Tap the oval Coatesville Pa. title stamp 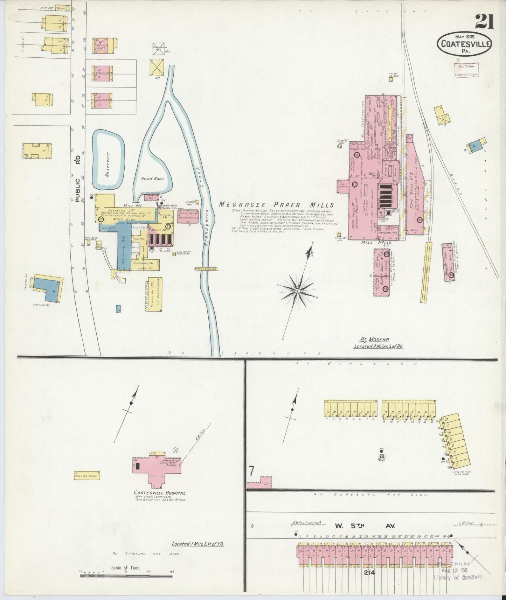[464, 44]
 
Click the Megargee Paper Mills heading [276, 205]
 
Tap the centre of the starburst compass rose [297, 291]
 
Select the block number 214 [370, 573]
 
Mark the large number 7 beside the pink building [251, 472]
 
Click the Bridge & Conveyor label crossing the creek [207, 269]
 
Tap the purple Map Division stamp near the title [466, 70]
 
